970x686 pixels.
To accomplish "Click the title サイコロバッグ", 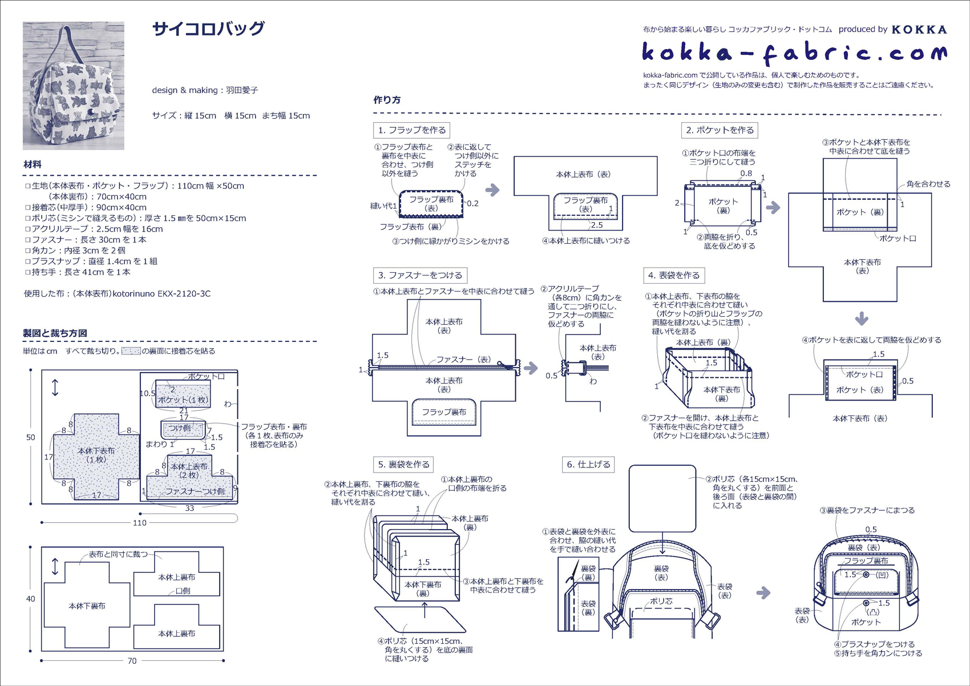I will coord(208,29).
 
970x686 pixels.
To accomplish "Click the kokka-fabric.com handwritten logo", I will coord(794,53).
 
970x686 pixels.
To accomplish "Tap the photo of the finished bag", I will coord(74,86).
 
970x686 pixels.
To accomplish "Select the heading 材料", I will coord(33,164).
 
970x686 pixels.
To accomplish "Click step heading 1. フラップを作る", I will coord(411,130).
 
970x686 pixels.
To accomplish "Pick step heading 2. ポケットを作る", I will coord(720,130).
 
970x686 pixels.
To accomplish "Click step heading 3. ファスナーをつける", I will coord(420,275).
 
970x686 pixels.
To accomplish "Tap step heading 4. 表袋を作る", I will coord(674,275).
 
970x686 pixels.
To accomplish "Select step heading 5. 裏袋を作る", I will coord(403,465).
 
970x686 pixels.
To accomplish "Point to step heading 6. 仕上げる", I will coord(588,465).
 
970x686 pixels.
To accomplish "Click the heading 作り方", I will coord(387,100).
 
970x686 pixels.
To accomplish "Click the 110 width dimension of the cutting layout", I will coord(140,523).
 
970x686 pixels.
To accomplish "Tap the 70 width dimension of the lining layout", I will coord(132,661).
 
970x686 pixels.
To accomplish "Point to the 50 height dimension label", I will coord(30,438).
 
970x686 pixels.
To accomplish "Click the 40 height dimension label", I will coord(30,599).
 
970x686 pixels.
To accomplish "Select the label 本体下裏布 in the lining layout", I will coord(87,606).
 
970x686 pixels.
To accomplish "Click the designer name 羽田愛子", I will coord(242,90).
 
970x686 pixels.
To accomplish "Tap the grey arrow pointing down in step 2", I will coord(862,318).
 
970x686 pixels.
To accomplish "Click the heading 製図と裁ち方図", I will coord(55,333).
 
